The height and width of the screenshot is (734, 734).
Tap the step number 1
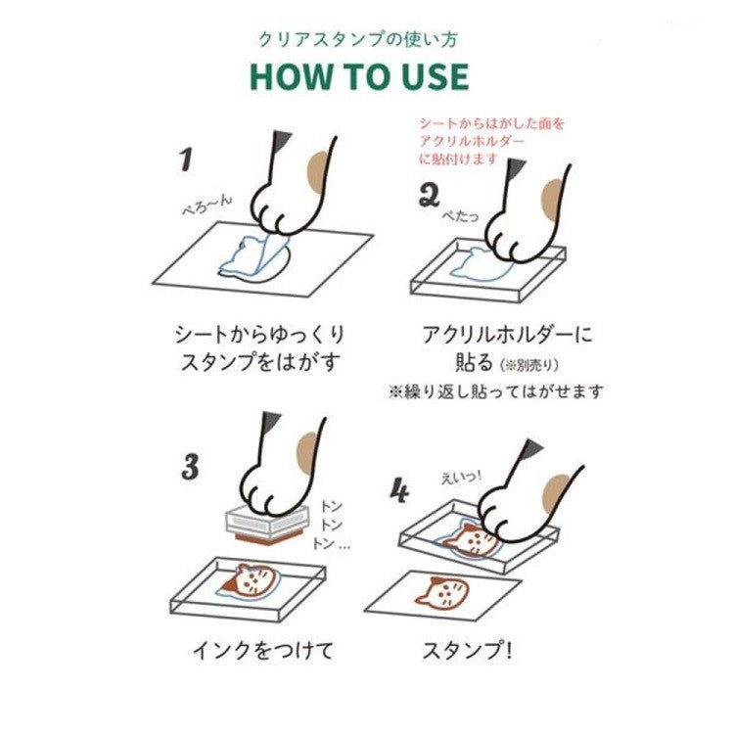pos(186,160)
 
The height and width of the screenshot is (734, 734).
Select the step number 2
pos(429,196)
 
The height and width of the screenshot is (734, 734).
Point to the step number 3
pos(190,466)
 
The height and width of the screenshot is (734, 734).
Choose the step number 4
pos(399,490)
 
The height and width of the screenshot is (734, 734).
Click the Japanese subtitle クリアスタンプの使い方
pos(358,39)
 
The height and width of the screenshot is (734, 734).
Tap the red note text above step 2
pos(492,141)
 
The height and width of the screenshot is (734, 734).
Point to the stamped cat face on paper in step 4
pos(441,592)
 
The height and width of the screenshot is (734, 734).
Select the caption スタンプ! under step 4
pos(467,651)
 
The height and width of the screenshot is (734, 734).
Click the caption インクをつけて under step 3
pos(263,651)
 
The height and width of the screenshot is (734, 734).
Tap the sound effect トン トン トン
pos(331,525)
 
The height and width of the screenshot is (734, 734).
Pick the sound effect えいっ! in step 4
pos(461,479)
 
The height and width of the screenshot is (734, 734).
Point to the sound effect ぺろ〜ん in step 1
pos(206,206)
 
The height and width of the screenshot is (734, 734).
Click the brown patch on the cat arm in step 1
pos(318,172)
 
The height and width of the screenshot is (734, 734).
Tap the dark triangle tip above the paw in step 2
pos(516,167)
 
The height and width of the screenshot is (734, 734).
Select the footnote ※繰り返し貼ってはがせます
pos(495,391)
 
